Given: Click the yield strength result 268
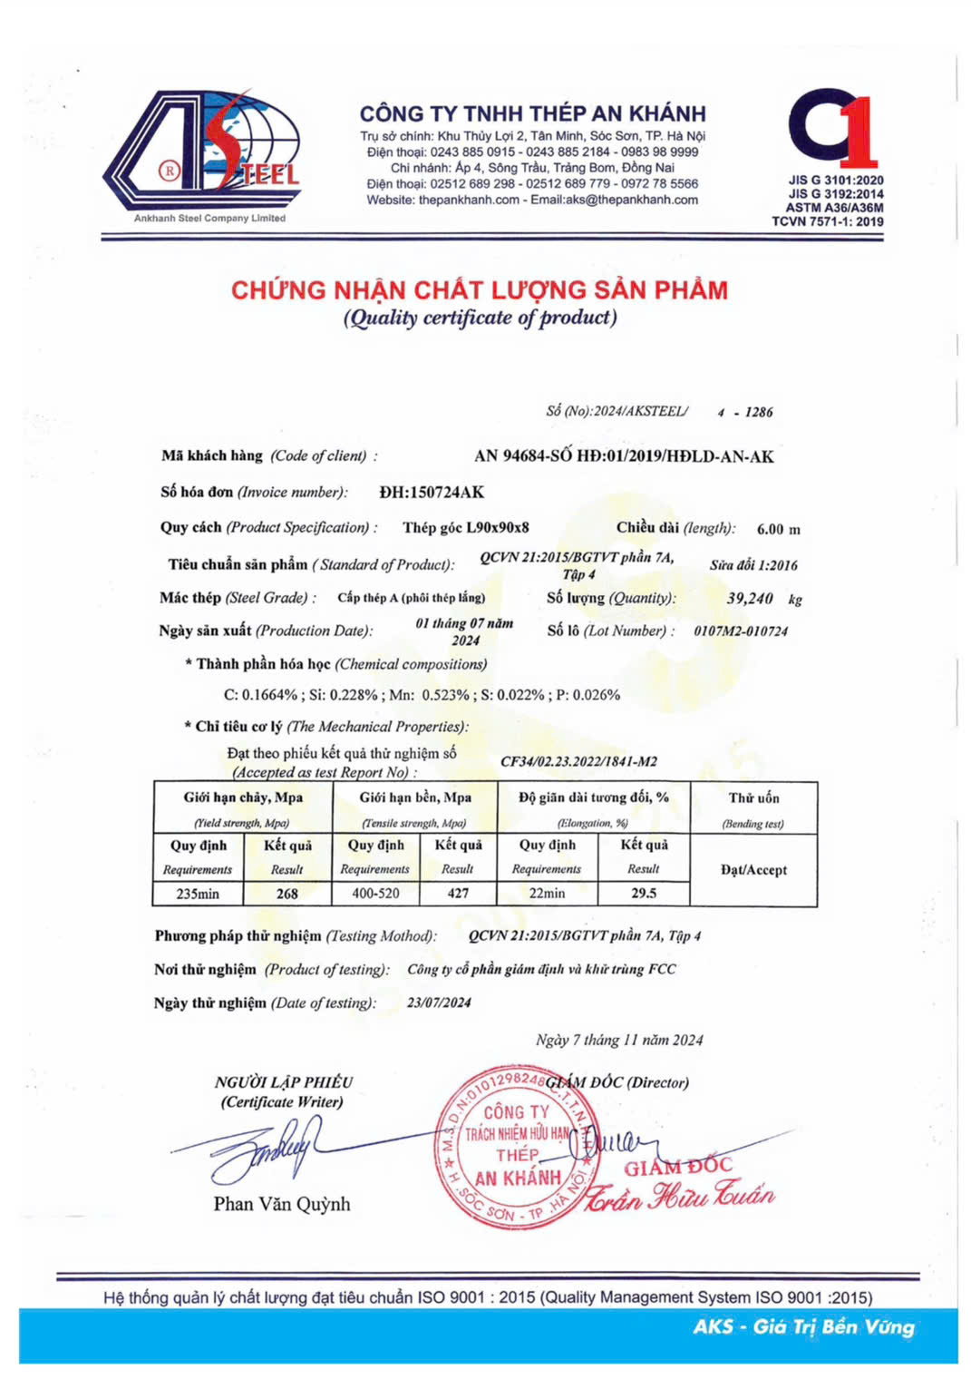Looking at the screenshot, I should pyautogui.click(x=287, y=894).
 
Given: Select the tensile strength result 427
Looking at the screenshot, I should pyautogui.click(x=458, y=894).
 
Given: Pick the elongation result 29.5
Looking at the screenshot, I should pyautogui.click(x=644, y=894).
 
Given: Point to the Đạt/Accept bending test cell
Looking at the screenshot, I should pyautogui.click(x=753, y=870).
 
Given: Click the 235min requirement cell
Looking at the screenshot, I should pyautogui.click(x=198, y=894).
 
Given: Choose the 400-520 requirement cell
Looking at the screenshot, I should pyautogui.click(x=375, y=894).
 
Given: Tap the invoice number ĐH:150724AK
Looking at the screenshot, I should pyautogui.click(x=432, y=493).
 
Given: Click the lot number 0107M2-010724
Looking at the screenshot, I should pyautogui.click(x=741, y=631).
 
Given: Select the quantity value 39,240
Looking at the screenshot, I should pyautogui.click(x=750, y=599).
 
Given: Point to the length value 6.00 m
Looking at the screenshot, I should pyautogui.click(x=778, y=530).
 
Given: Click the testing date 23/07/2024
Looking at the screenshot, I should pyautogui.click(x=439, y=1003).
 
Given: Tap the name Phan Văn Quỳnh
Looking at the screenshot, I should pyautogui.click(x=282, y=1204).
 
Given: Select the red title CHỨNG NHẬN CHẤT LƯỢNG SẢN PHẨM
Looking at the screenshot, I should pyautogui.click(x=480, y=290).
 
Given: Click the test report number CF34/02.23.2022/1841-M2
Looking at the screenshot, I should pyautogui.click(x=578, y=762).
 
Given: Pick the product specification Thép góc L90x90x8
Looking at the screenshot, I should pyautogui.click(x=466, y=528).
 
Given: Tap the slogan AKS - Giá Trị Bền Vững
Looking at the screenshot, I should pyautogui.click(x=804, y=1327).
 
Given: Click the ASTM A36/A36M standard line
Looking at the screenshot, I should pyautogui.click(x=834, y=208).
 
